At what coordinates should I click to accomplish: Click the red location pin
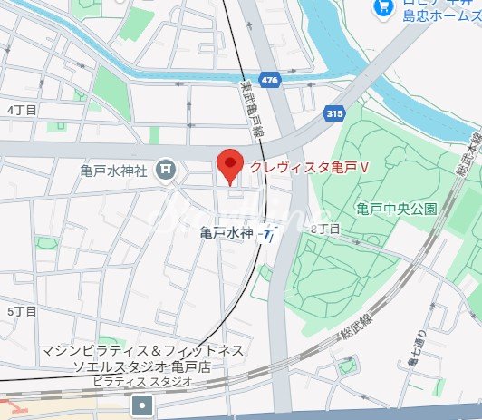[x=231, y=166]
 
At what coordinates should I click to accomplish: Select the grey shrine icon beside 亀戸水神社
[x=165, y=168]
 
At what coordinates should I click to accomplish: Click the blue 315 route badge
[x=334, y=112]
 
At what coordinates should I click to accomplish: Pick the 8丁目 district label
[x=325, y=230]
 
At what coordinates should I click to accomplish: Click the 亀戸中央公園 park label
[x=396, y=209]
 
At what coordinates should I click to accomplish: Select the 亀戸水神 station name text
[x=227, y=233]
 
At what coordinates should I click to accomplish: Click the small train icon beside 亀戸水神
[x=268, y=234]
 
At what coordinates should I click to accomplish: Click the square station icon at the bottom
[x=142, y=405]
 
